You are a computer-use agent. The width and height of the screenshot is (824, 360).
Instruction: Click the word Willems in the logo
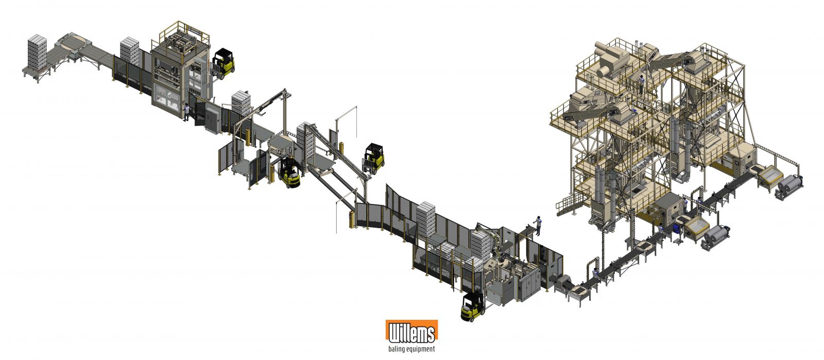coord(411,333)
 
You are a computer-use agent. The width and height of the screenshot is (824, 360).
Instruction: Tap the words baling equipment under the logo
coord(411,349)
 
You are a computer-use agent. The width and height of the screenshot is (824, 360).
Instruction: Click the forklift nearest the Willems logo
coord(473,306)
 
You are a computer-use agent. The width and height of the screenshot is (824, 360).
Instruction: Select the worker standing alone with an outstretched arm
coord(537,226)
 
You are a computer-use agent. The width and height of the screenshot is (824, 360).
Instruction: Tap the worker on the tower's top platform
coord(641,84)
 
